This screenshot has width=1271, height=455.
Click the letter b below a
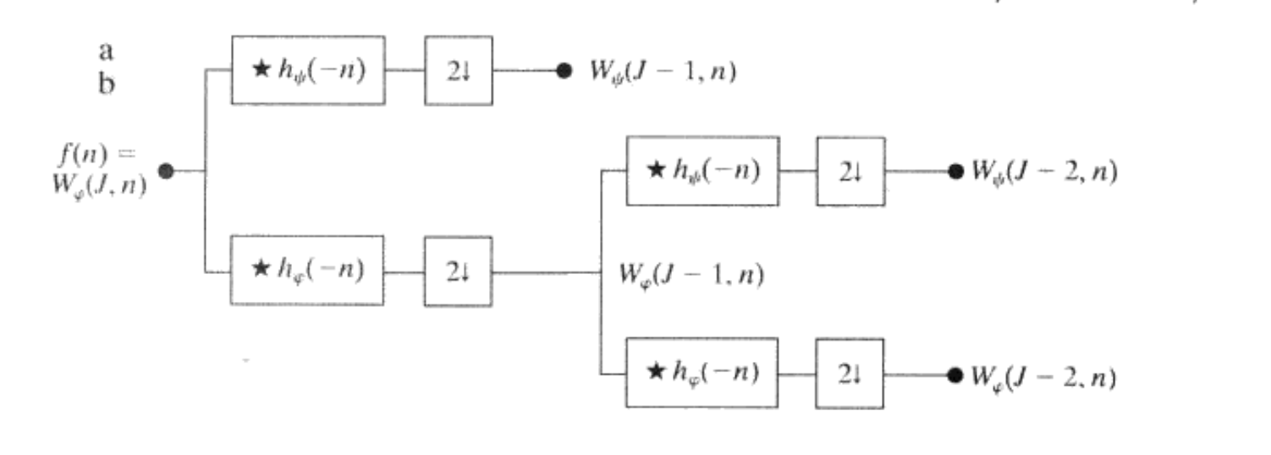pos(107,85)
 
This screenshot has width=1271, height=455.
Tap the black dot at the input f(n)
pos(166,171)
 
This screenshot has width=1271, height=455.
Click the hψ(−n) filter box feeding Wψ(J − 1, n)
pos(308,70)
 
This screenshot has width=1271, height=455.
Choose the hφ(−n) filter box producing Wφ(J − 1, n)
pos(307,271)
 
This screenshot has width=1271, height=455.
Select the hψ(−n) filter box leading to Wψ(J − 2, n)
pos(702,171)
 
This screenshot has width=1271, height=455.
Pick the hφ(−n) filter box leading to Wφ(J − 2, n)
pos(702,372)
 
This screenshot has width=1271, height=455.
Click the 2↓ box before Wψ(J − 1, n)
pos(458,71)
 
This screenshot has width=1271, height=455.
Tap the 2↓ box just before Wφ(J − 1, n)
pos(458,271)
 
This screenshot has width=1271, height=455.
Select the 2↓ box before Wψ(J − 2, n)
pos(850,172)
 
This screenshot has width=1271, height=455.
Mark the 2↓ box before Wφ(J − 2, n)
pos(850,373)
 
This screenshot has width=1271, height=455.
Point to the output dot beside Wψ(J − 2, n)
pos(955,172)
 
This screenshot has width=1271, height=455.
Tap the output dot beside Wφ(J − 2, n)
pos(955,374)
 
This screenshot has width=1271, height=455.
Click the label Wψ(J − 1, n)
pos(663,72)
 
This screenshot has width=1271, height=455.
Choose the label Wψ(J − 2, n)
pos(1043,173)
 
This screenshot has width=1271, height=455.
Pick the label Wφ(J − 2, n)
pos(1043,376)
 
